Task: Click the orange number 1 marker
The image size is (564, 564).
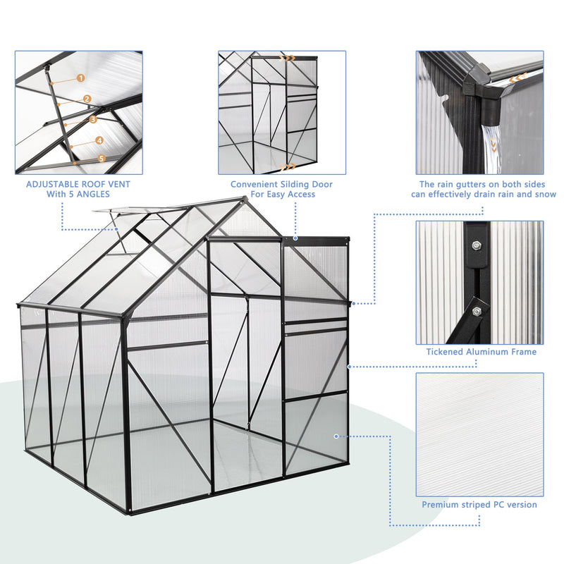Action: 80,79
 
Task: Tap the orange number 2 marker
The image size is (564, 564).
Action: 87,99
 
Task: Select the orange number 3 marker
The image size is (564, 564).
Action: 93,120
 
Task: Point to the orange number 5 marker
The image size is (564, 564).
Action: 102,159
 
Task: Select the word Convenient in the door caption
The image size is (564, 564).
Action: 256,184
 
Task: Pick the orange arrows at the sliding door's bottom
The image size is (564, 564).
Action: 287,167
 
